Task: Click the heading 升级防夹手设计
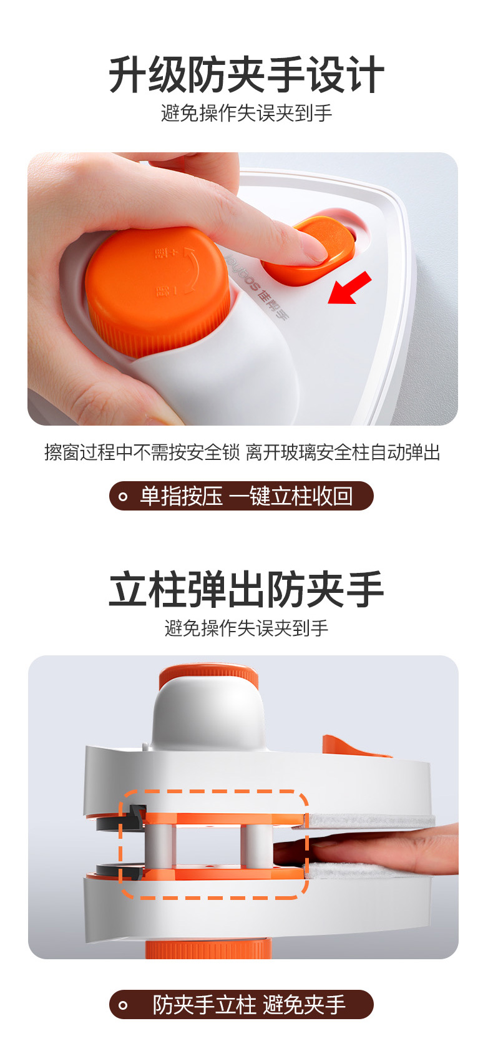tap(246, 75)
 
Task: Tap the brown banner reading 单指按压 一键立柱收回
tap(242, 496)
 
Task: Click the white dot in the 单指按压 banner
tap(123, 497)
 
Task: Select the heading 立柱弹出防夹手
tap(246, 590)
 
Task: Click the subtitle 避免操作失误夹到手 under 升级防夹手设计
tap(246, 113)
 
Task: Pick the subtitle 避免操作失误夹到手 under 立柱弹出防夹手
tap(246, 628)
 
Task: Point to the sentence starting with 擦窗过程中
tap(242, 452)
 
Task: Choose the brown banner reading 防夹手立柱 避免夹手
tap(242, 1005)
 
